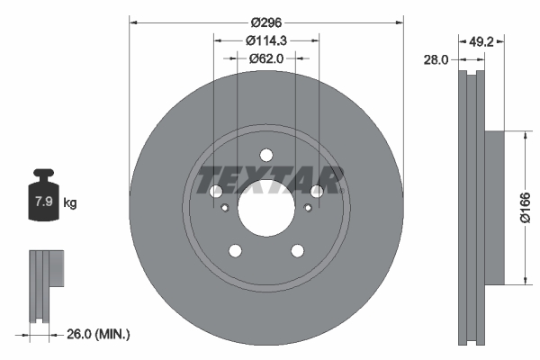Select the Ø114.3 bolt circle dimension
tap(265, 40)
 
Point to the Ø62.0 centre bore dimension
tap(265, 58)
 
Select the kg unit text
tap(70, 202)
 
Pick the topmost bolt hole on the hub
tap(265, 154)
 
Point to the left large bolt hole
tap(215, 191)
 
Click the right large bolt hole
tap(317, 191)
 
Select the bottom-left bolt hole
tap(235, 250)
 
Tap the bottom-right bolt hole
tap(297, 250)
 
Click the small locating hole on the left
tap(224, 209)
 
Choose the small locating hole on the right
tap(308, 209)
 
